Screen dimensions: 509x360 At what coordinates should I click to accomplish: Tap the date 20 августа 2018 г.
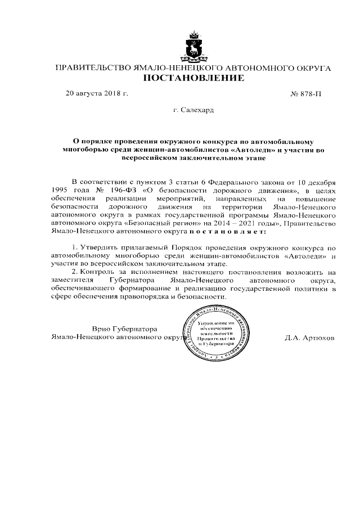pyautogui.click(x=97, y=93)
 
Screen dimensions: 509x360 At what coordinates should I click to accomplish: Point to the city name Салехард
pyautogui.click(x=198, y=111)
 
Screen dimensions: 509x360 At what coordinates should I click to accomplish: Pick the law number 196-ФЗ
pyautogui.click(x=124, y=191)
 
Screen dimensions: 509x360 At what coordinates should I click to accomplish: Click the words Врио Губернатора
pyautogui.click(x=124, y=329)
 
